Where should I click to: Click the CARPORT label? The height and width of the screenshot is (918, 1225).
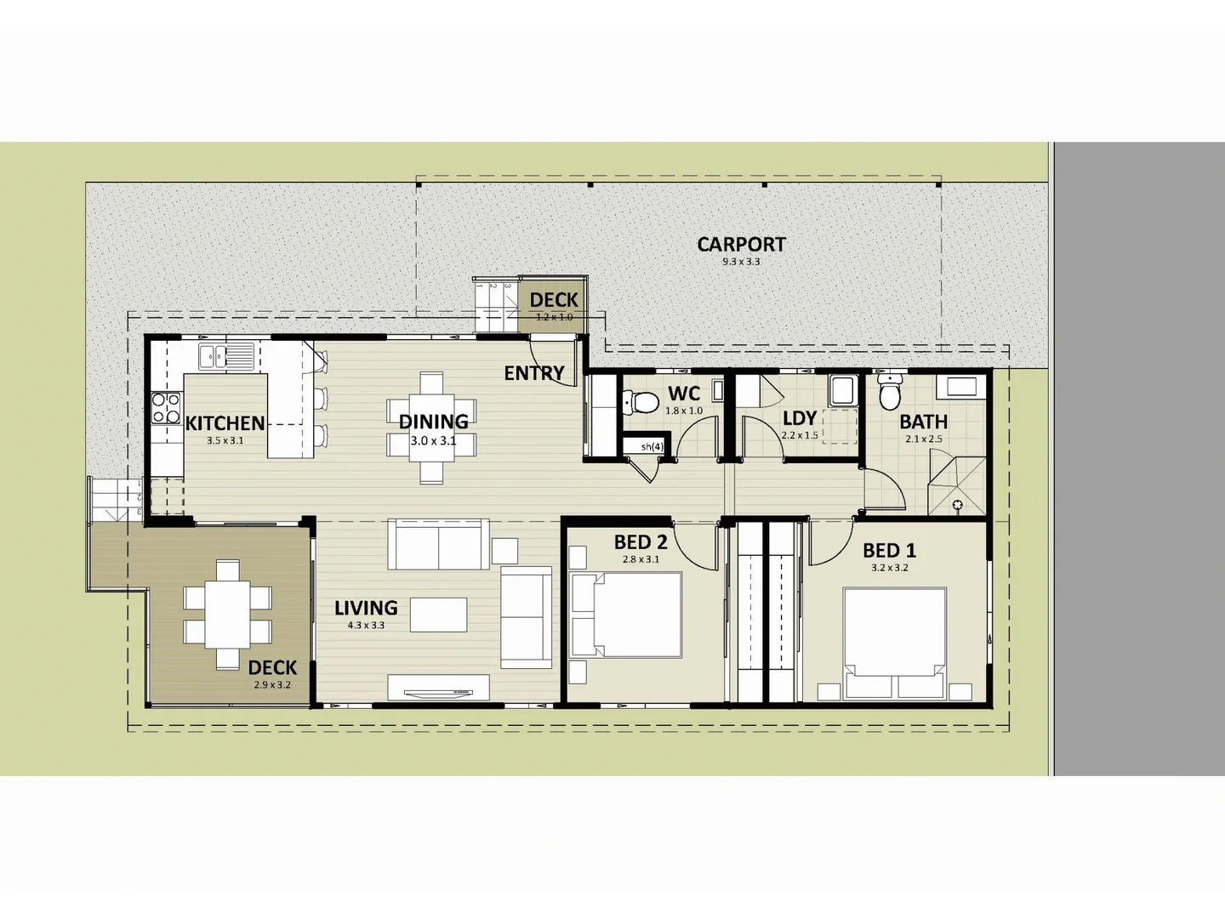pyautogui.click(x=741, y=244)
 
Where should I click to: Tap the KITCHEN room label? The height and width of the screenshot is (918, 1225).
pyautogui.click(x=225, y=422)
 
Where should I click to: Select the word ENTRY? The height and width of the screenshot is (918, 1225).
pyautogui.click(x=534, y=373)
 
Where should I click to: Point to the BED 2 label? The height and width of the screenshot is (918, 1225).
pyautogui.click(x=641, y=542)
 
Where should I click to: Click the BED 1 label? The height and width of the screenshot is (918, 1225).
pyautogui.click(x=889, y=551)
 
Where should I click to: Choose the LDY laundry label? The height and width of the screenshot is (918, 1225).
pyautogui.click(x=800, y=418)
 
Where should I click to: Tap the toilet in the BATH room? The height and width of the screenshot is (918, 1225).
pyautogui.click(x=890, y=394)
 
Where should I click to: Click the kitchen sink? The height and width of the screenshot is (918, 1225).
pyautogui.click(x=227, y=355)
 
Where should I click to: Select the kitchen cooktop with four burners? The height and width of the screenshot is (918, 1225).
pyautogui.click(x=166, y=407)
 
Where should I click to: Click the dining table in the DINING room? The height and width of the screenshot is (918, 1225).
pyautogui.click(x=431, y=428)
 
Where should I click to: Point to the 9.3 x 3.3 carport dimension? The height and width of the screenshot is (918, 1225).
pyautogui.click(x=741, y=262)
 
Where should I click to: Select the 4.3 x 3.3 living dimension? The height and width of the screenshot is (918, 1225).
pyautogui.click(x=366, y=626)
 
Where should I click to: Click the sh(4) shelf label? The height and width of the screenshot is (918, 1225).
pyautogui.click(x=652, y=446)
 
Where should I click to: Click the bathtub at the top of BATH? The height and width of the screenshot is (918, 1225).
pyautogui.click(x=961, y=388)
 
